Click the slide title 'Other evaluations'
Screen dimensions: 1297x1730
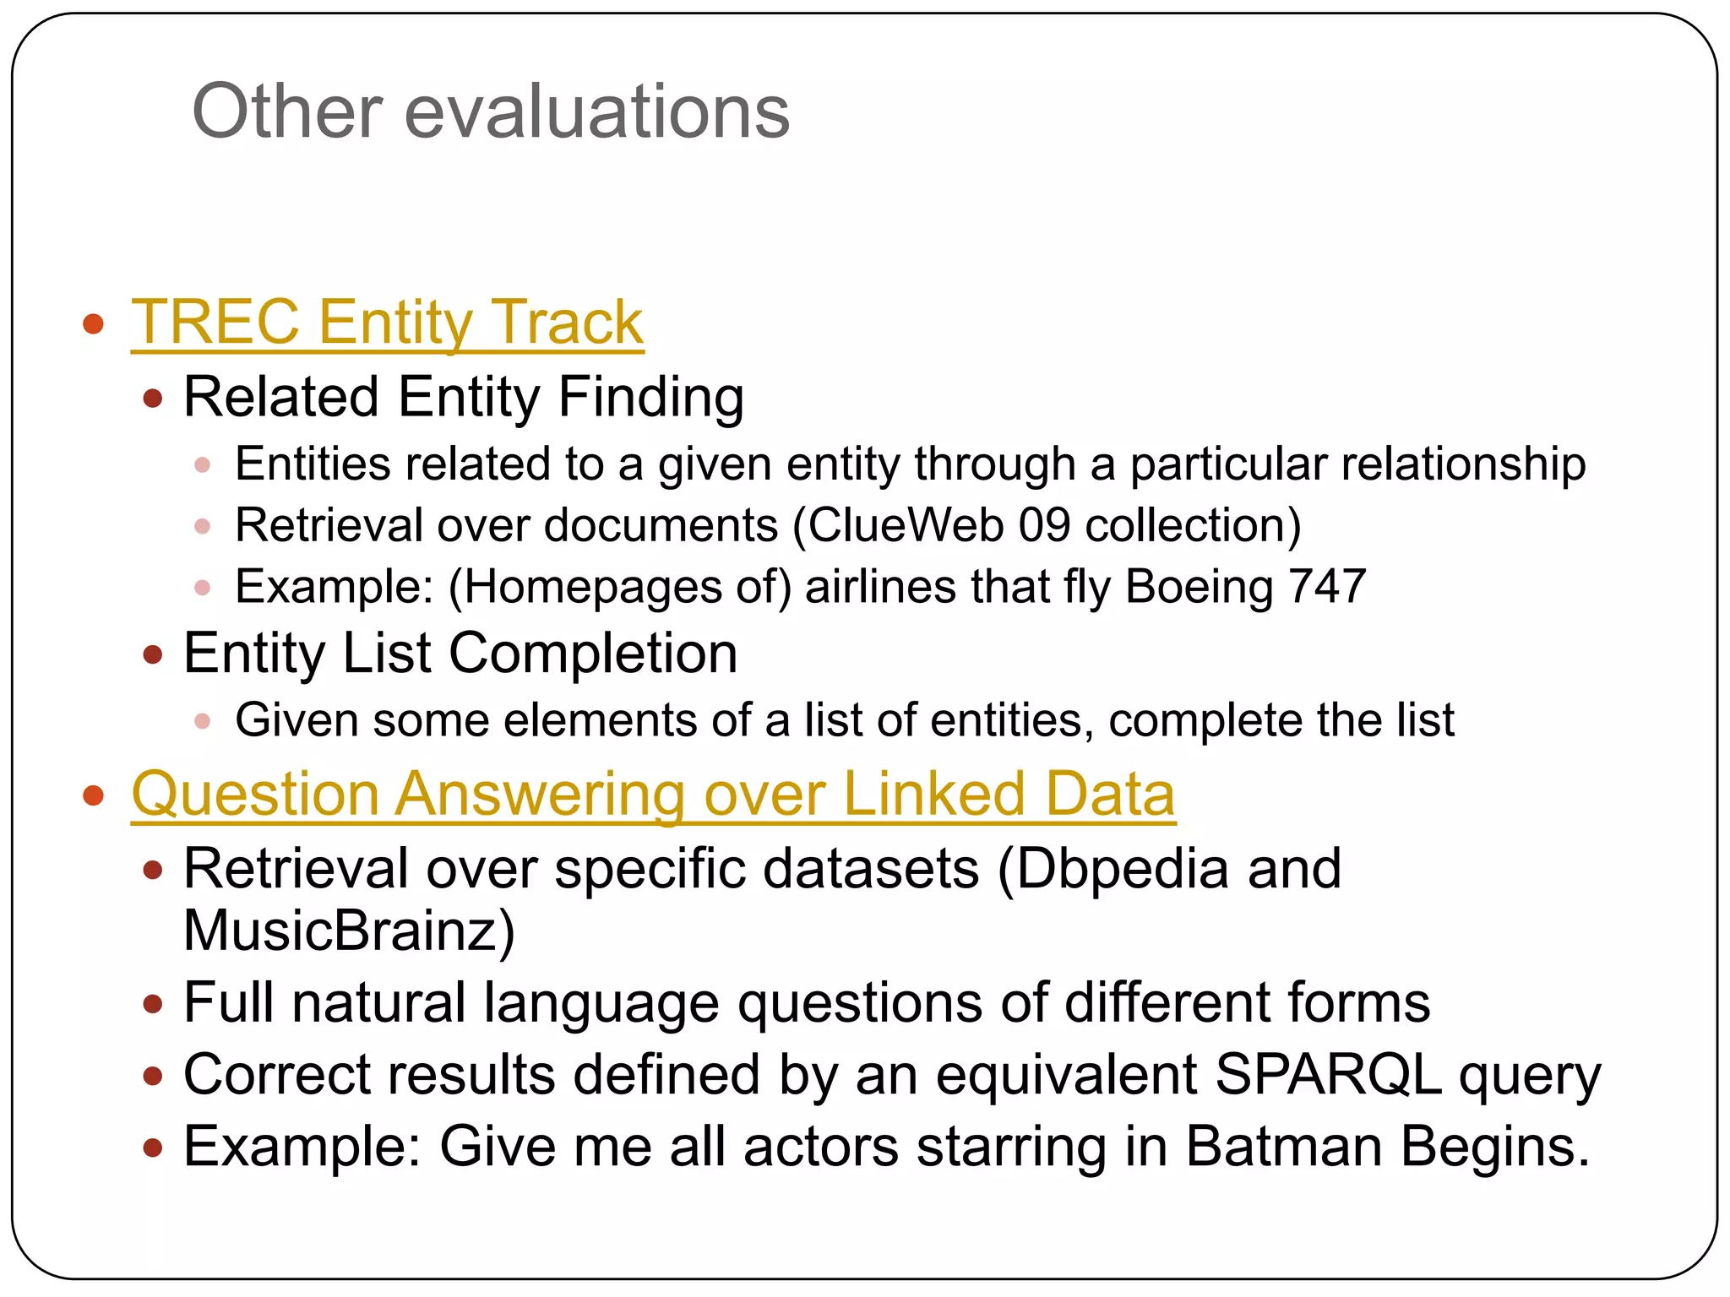(491, 111)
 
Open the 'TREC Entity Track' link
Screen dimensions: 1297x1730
(387, 323)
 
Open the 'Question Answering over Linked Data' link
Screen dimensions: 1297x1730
(653, 795)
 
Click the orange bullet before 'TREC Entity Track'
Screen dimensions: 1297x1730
(94, 323)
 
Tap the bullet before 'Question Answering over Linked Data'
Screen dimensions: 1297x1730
(94, 795)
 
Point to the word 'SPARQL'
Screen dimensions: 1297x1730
(1328, 1075)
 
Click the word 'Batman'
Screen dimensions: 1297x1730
(1285, 1147)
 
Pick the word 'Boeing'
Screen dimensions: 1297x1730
(1199, 587)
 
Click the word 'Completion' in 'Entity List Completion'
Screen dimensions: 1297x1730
(593, 654)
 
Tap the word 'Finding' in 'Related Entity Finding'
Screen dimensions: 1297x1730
(651, 398)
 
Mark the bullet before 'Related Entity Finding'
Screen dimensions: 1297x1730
(153, 399)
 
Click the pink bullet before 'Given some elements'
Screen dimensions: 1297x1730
(202, 721)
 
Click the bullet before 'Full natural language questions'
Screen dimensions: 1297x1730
(153, 1004)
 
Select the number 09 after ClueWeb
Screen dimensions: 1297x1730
(1044, 525)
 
